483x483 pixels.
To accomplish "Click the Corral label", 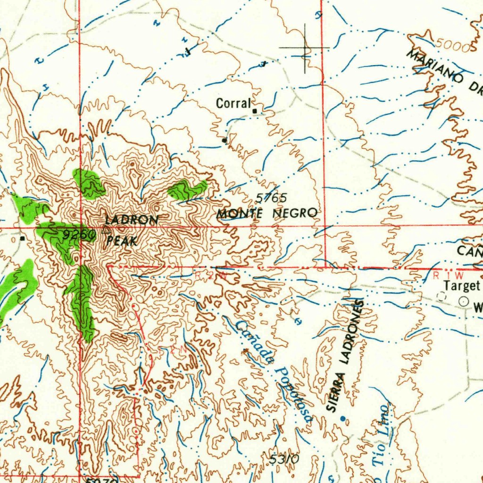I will point(233,103).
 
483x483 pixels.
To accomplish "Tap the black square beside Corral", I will point(255,111).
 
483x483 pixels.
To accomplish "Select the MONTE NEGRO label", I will point(267,214).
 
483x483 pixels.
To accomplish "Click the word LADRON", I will point(132,220).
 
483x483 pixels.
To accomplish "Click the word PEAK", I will point(122,241).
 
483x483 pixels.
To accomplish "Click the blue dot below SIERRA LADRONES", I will point(342,418).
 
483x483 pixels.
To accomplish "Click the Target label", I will point(461,286).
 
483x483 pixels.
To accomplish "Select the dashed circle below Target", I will point(441,296).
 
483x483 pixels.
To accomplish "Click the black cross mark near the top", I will point(305,48).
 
